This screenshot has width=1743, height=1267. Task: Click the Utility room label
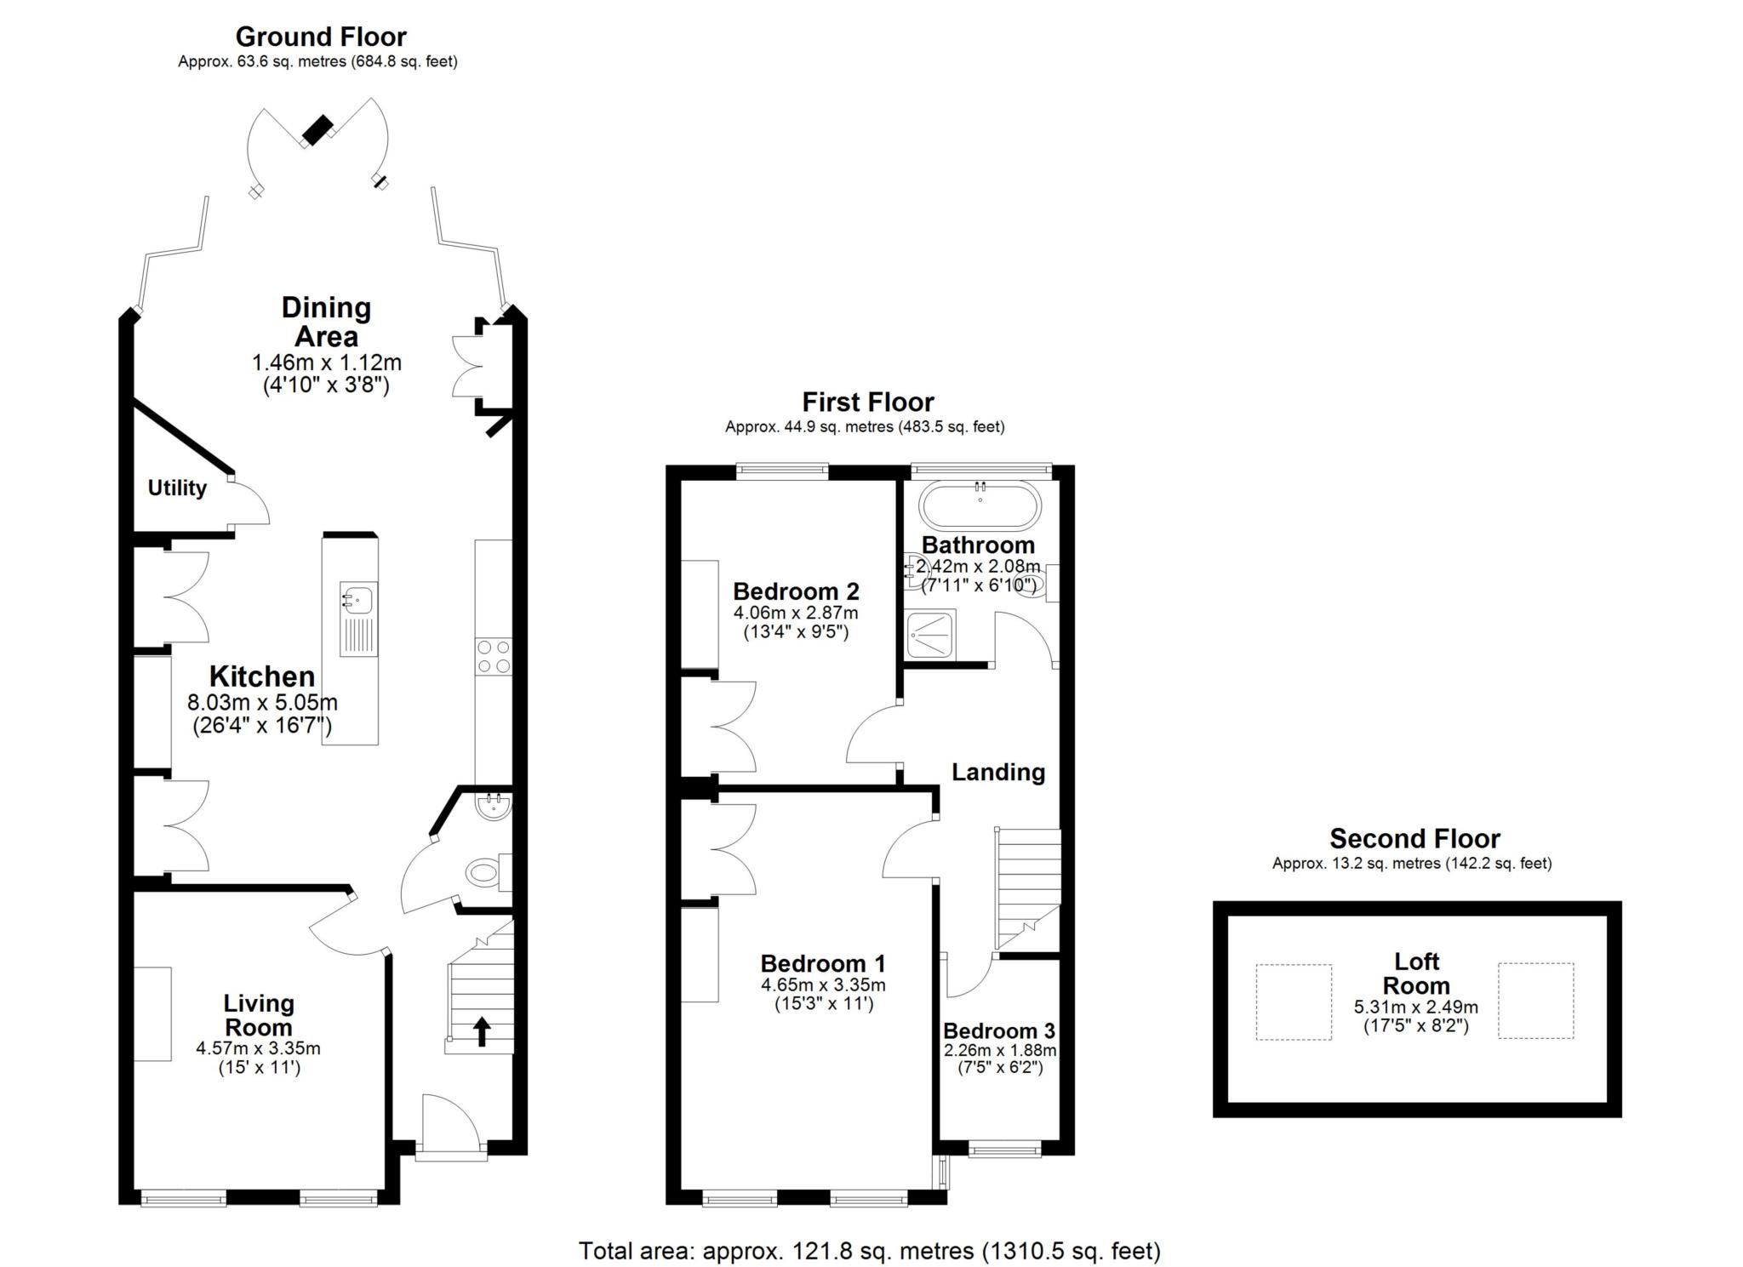177,488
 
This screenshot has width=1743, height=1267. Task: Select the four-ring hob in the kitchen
494,657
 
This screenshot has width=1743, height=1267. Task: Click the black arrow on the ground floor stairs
482,1031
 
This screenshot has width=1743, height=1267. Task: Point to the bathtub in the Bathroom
980,506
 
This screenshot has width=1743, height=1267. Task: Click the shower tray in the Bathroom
931,634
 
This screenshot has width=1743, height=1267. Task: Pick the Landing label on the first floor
998,772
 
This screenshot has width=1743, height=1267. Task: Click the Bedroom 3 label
999,1030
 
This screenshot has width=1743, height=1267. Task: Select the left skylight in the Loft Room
1294,1002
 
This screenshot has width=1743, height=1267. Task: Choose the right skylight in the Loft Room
1536,1001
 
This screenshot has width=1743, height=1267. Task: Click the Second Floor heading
1414,839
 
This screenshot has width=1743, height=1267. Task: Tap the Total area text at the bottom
870,1251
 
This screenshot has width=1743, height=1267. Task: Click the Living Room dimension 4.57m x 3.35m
258,1048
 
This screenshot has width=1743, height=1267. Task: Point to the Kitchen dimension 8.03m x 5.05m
262,703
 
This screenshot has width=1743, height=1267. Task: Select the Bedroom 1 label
823,963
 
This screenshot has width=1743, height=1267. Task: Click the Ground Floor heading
321,37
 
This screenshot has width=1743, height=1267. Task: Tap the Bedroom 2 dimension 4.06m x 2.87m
796,613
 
